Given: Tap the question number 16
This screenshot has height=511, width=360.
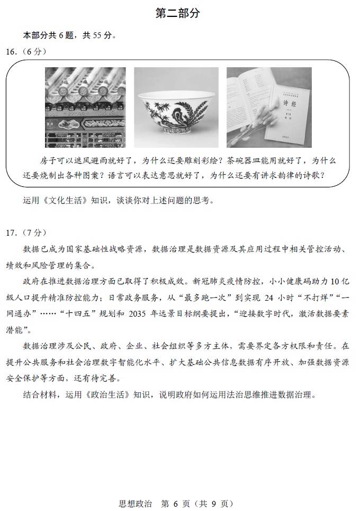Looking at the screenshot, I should point(12,52).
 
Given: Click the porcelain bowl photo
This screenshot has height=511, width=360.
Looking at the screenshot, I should point(176,107).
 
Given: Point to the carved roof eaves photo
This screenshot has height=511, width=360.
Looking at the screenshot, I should point(85,107).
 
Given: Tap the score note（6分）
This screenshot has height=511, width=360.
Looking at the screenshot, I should point(33,52).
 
